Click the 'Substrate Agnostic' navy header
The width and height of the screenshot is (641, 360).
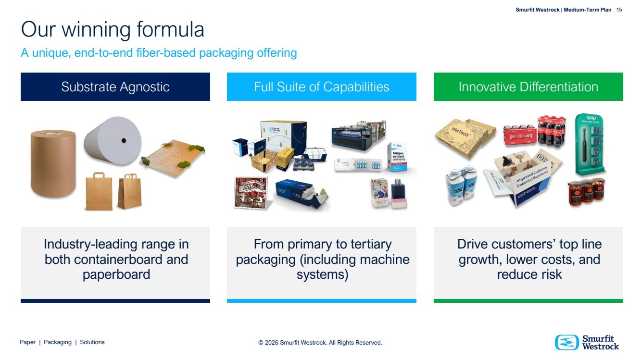click(x=115, y=87)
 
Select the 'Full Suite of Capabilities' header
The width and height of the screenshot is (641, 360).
click(x=322, y=87)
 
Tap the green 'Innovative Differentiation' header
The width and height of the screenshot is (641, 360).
click(x=528, y=87)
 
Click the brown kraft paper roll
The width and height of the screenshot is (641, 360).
click(x=53, y=163)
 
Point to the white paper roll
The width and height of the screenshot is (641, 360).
click(x=113, y=140)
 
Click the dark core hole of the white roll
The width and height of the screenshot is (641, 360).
click(x=124, y=140)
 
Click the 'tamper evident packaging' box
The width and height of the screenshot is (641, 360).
click(x=398, y=157)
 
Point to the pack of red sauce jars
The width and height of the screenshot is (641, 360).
click(x=586, y=191)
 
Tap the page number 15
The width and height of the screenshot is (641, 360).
click(x=619, y=10)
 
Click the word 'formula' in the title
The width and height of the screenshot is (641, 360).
click(x=170, y=29)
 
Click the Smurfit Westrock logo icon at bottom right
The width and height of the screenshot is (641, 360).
click(x=566, y=342)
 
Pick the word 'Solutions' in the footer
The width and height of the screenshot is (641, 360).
click(x=92, y=342)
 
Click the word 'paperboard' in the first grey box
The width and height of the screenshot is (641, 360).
click(x=116, y=274)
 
